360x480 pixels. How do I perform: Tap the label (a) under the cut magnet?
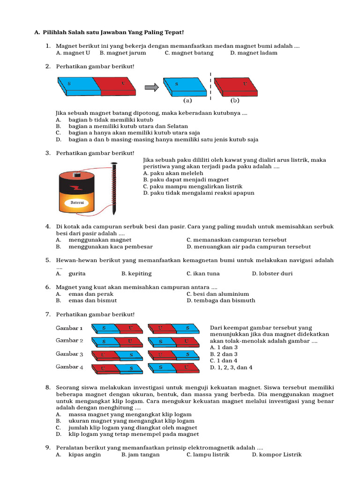point(187,100)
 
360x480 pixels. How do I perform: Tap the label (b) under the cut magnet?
point(235,100)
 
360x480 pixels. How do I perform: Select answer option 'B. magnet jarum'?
point(123,53)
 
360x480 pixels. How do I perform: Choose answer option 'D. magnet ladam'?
point(254,53)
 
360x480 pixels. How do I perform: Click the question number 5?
point(48,260)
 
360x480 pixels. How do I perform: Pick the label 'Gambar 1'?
point(69,328)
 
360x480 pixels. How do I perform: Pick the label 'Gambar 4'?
point(69,367)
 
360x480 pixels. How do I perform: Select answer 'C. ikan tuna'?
point(203,274)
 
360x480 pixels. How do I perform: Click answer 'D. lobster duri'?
point(272,274)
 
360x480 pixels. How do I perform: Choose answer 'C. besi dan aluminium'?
point(217,294)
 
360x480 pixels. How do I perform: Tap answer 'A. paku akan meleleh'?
point(173,173)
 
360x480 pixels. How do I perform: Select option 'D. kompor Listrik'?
point(277,455)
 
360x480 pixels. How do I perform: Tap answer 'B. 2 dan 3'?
point(224,354)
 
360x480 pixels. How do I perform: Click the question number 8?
point(48,388)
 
